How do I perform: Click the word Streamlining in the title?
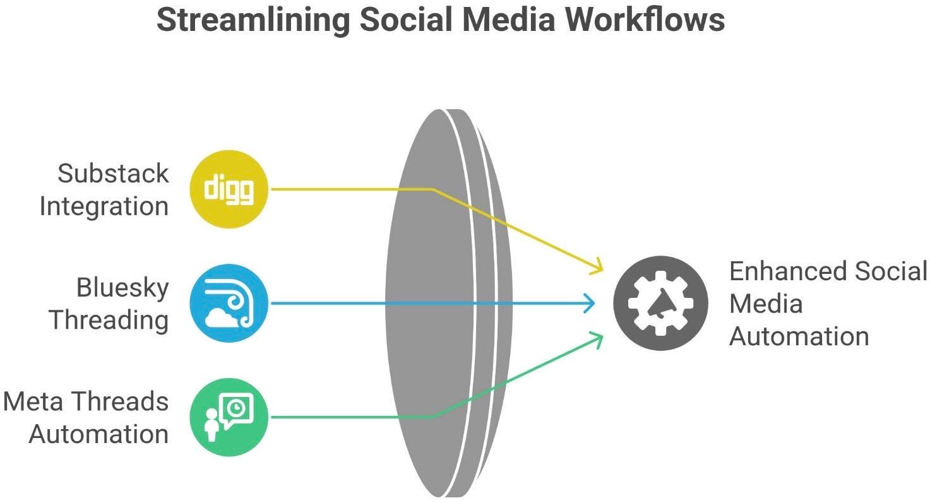[252, 20]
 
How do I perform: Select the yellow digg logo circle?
[229, 189]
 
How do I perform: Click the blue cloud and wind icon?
[229, 303]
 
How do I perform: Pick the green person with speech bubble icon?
[229, 417]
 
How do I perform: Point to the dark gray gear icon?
[661, 303]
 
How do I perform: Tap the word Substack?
[114, 173]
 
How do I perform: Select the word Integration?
[104, 206]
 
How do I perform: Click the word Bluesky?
[122, 287]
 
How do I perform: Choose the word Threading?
[109, 320]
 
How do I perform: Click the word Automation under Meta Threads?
[98, 434]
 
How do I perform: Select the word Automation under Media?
[799, 336]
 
